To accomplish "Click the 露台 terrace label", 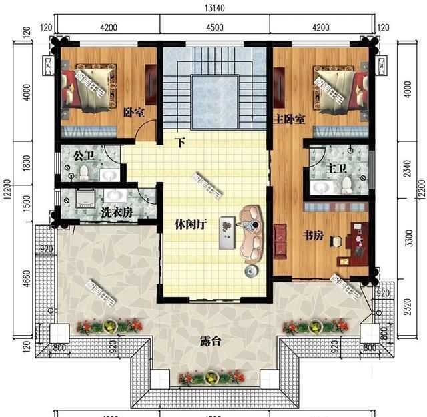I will pos(210,341).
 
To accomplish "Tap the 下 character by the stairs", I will pos(179,141).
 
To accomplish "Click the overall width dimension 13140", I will pos(214,9).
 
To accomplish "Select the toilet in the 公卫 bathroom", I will pos(84,174).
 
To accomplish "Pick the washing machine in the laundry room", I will pos(85,198).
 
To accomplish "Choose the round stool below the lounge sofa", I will pos(250,271).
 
